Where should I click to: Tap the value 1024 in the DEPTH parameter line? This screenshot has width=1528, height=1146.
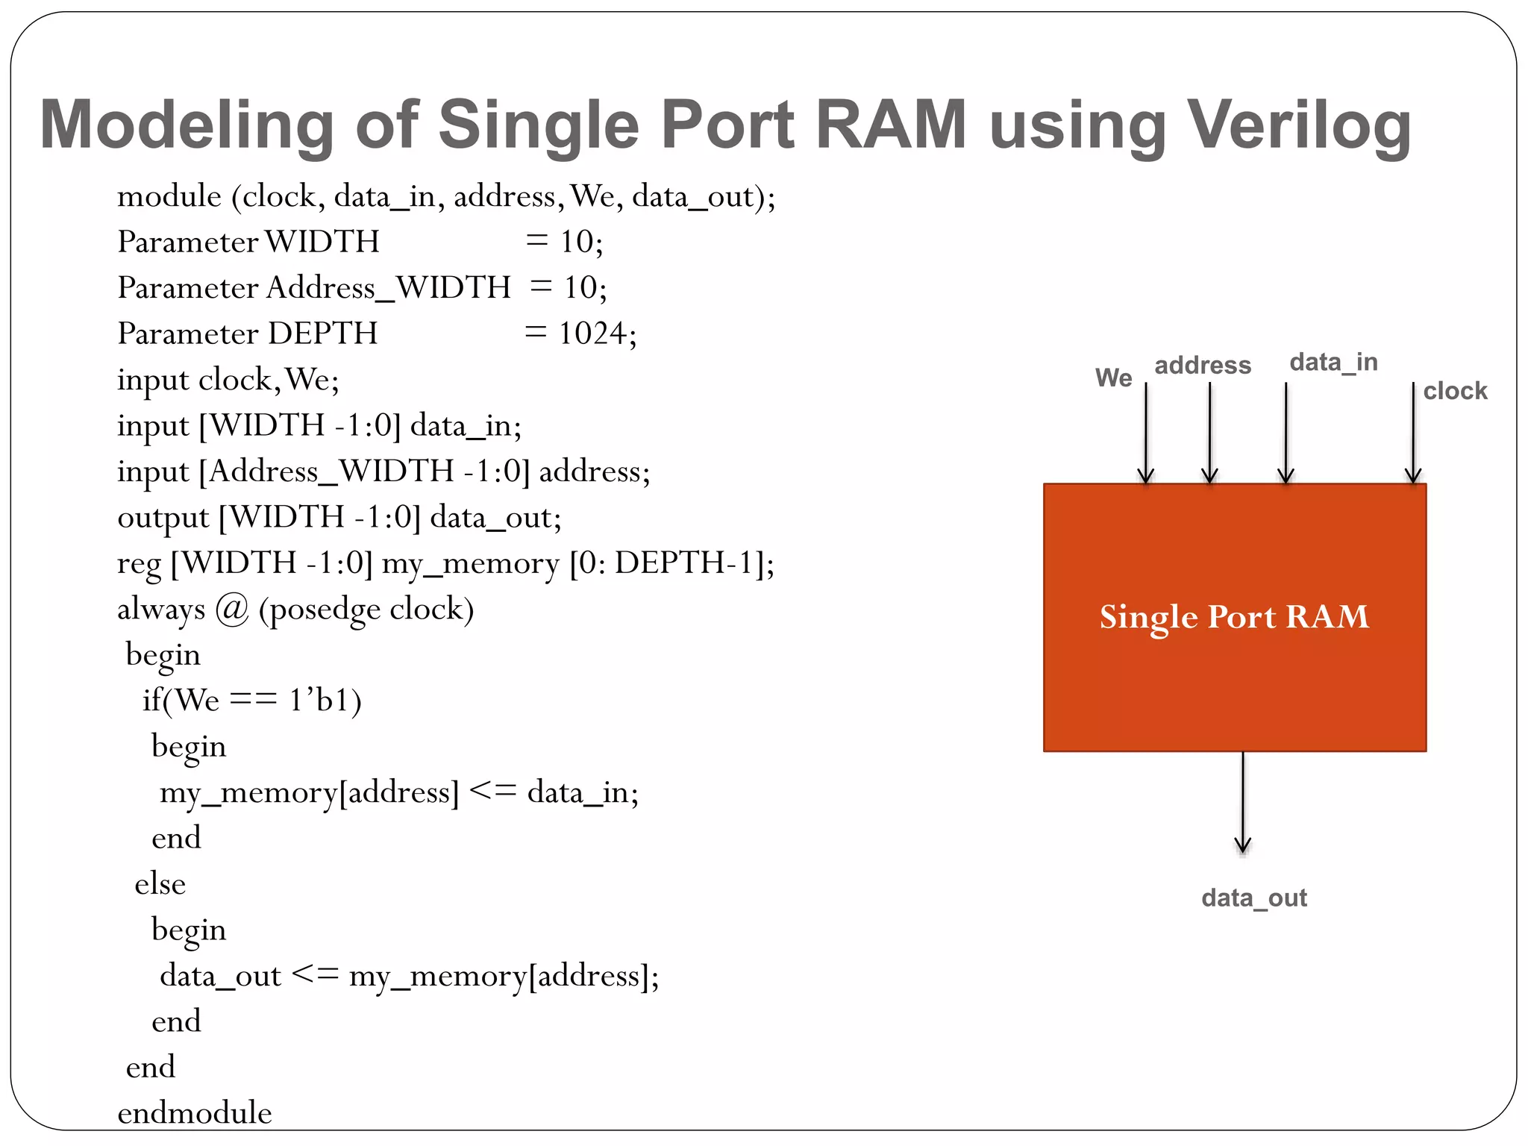(592, 334)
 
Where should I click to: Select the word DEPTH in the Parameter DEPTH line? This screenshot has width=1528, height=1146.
(322, 334)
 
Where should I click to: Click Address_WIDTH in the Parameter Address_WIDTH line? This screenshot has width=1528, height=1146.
(388, 288)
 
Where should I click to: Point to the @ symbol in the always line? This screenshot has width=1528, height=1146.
(231, 610)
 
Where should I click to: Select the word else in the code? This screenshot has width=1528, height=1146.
(160, 884)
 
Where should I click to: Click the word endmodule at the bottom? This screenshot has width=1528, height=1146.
(195, 1112)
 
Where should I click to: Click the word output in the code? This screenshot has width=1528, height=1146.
(163, 518)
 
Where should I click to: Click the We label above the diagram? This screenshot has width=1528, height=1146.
(1113, 378)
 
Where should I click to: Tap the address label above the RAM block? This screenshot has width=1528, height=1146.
(1203, 366)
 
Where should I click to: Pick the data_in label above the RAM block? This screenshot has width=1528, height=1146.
(1333, 363)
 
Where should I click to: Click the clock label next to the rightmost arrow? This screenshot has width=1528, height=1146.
(1455, 391)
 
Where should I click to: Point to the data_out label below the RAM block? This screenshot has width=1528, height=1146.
(1254, 898)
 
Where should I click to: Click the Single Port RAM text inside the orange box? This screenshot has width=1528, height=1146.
(1234, 617)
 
